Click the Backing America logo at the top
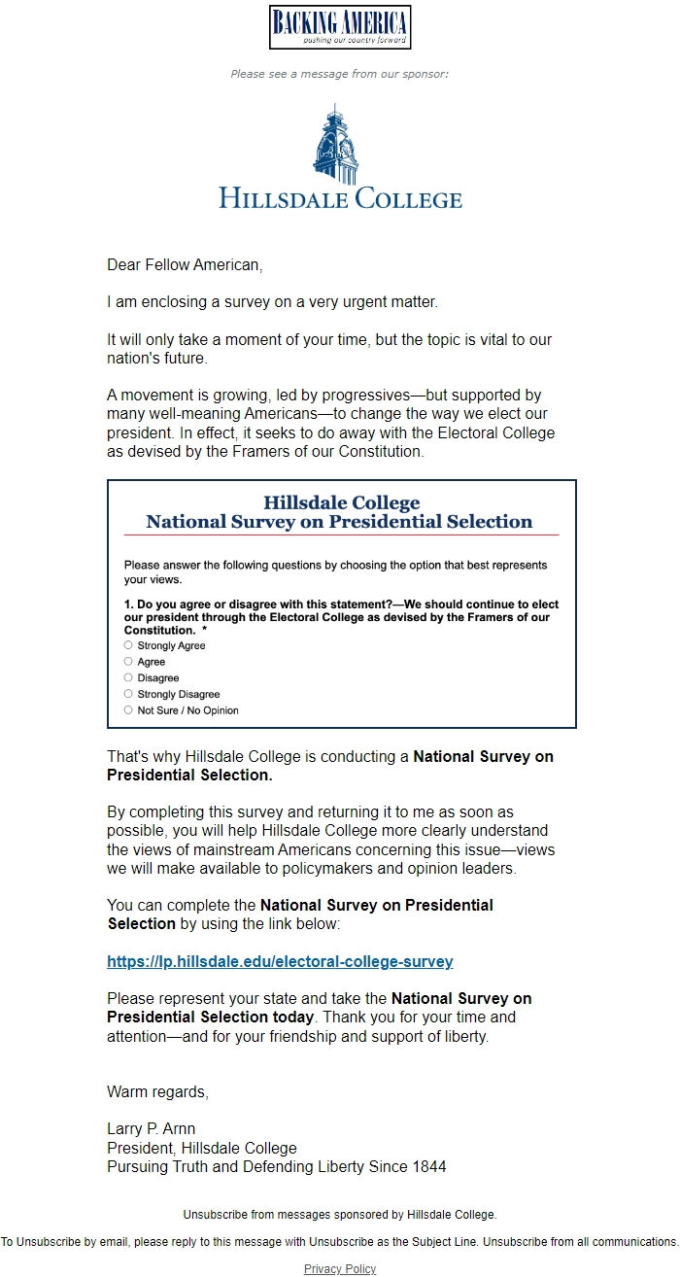click(x=340, y=27)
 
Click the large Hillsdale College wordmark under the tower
click(x=340, y=199)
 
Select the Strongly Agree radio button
click(x=128, y=645)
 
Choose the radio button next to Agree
click(x=128, y=662)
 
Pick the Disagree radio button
click(x=128, y=677)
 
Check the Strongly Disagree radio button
click(x=128, y=694)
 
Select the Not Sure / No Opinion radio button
click(x=128, y=710)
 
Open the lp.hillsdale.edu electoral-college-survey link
click(x=280, y=962)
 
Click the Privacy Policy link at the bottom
click(x=340, y=1268)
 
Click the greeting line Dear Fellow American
click(x=185, y=264)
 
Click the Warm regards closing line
click(x=157, y=1091)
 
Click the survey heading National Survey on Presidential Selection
click(x=339, y=522)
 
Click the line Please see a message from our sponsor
click(x=340, y=74)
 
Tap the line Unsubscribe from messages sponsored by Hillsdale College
click(x=340, y=1214)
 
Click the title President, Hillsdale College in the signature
click(x=202, y=1148)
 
